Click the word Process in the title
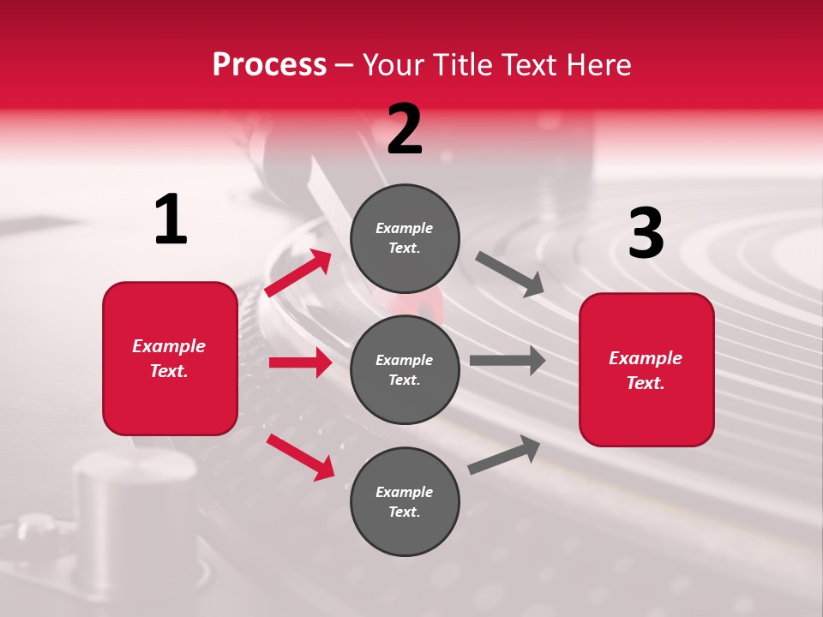[269, 64]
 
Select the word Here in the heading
[597, 64]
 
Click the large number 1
[171, 220]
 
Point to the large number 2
[405, 129]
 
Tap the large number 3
[646, 234]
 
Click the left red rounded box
[170, 358]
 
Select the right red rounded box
[646, 370]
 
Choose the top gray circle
[405, 238]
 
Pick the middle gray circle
[405, 369]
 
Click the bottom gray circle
[405, 501]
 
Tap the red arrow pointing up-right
[298, 273]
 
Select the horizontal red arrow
[300, 362]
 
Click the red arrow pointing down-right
[301, 457]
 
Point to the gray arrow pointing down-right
[510, 274]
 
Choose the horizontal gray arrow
[508, 361]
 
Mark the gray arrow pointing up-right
[504, 455]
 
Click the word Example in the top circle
[405, 228]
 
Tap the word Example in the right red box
[646, 358]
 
